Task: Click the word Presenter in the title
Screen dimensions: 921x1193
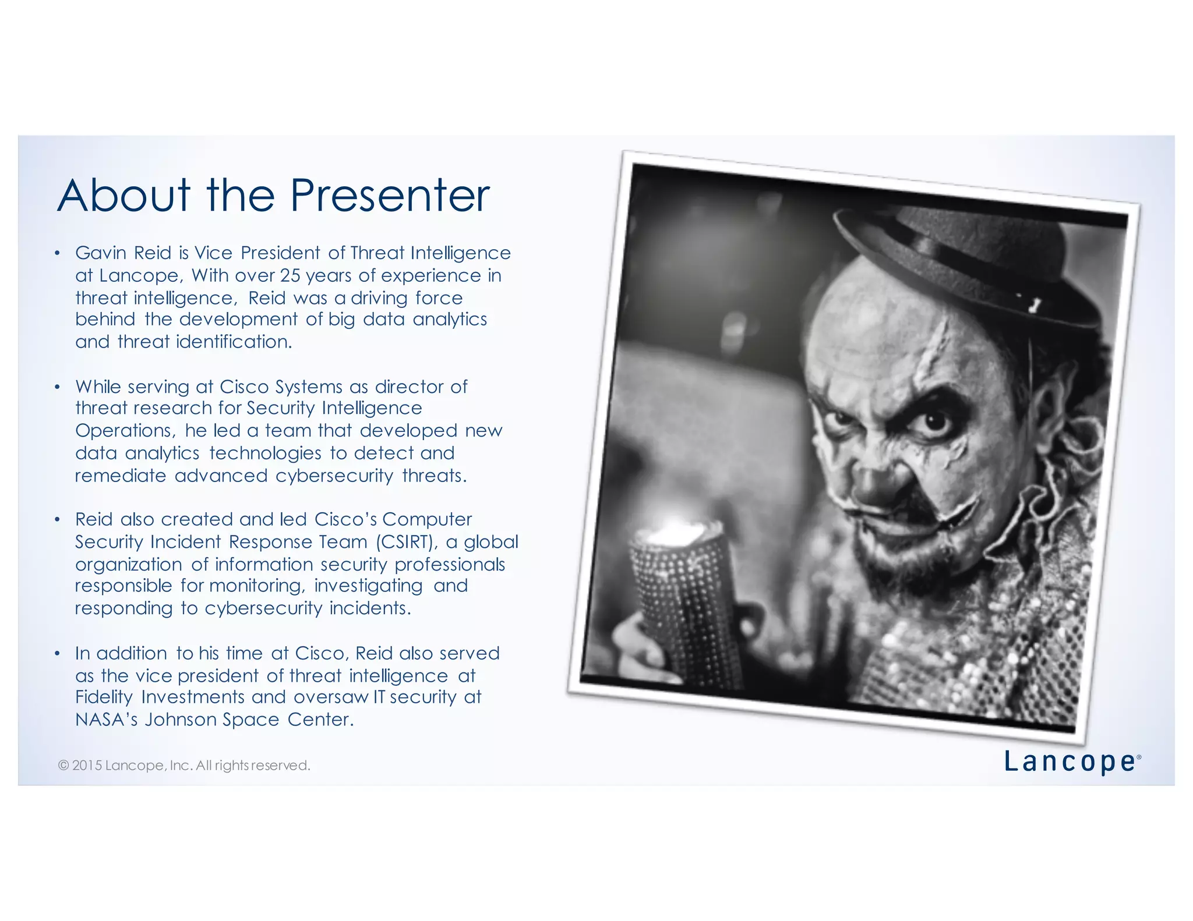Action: click(x=390, y=196)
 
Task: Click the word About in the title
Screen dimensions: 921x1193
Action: click(x=123, y=196)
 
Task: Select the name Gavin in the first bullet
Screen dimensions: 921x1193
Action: click(x=99, y=253)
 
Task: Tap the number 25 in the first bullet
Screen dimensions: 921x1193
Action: click(x=290, y=275)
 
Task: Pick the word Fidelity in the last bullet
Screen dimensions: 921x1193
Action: click(x=104, y=697)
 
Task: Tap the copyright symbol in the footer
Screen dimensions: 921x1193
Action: click(x=63, y=766)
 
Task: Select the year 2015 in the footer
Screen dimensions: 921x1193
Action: click(x=87, y=766)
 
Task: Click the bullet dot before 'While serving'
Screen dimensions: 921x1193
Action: click(x=57, y=387)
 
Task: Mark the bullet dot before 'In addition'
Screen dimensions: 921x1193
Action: click(x=57, y=654)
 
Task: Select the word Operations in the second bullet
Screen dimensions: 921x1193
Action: click(x=124, y=431)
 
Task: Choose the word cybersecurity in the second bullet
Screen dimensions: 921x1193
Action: click(x=334, y=476)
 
